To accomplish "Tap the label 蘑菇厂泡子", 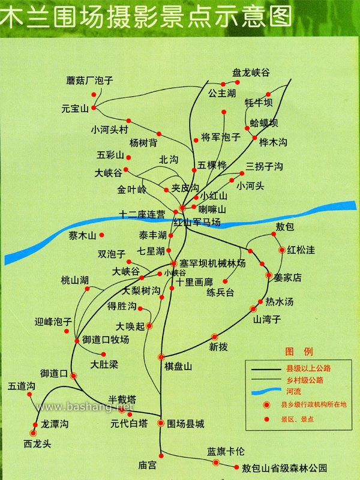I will click(x=90, y=80).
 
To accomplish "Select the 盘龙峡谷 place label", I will click(x=251, y=73).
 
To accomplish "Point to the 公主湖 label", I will click(x=222, y=94).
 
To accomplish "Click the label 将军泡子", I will click(x=221, y=137).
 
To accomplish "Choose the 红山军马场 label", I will click(x=197, y=222).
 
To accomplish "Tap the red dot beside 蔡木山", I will click(x=102, y=235).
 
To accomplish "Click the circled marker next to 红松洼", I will click(x=281, y=250).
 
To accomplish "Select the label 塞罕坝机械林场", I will click(x=209, y=263).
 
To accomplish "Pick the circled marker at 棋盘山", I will click(x=161, y=357).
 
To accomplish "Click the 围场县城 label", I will click(x=186, y=424).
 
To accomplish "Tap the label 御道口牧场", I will click(x=106, y=340).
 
